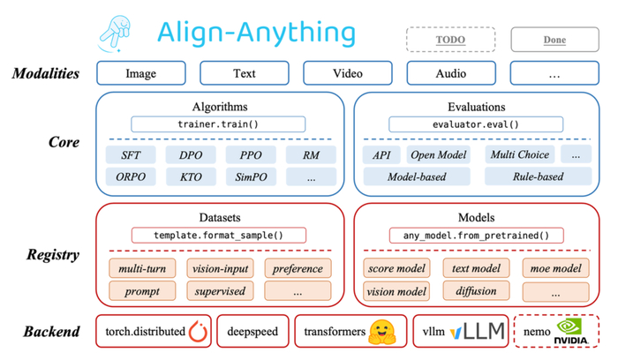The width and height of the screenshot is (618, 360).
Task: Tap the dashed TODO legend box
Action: coord(450,40)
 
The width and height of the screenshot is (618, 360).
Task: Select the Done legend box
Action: coord(554,40)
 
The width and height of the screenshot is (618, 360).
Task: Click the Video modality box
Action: coord(347,73)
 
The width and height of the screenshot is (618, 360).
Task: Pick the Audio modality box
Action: coord(450,73)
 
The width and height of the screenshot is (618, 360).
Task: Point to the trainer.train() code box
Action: coord(218,124)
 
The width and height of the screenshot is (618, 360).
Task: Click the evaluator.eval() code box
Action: coord(476,124)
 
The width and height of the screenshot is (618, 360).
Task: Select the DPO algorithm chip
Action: coord(191,155)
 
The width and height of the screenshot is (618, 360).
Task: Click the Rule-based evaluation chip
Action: coord(537,176)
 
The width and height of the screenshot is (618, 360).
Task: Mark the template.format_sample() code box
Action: coord(218,236)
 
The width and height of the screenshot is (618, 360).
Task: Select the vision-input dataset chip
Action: coord(217,268)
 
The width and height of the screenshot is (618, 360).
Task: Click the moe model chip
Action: coord(556,268)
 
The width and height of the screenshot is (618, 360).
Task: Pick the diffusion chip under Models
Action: coord(476,290)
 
